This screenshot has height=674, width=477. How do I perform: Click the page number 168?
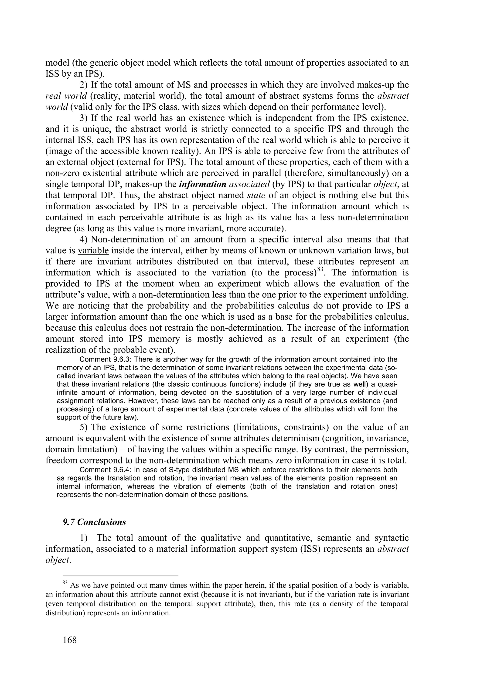coord(70,640)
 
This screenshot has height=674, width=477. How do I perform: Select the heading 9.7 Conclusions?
coord(94,522)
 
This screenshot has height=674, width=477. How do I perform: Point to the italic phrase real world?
coord(66,96)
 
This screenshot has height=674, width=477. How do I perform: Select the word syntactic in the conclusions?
coord(392,538)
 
